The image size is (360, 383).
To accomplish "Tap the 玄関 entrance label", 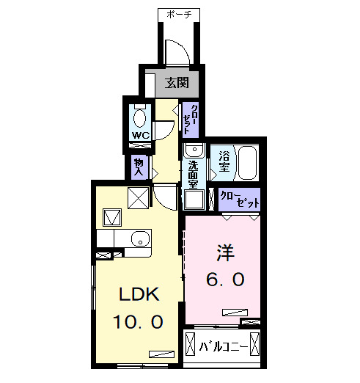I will [x=176, y=81].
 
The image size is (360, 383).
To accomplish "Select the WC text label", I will [x=141, y=136].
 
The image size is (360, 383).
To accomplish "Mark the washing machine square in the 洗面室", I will [x=194, y=199].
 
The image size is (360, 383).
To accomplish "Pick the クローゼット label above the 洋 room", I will [x=240, y=198].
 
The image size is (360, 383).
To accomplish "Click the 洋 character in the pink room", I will [x=224, y=252].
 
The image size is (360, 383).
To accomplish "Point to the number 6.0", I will [x=224, y=279].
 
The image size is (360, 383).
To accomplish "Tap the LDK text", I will [x=139, y=294].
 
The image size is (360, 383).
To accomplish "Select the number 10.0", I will [x=139, y=321].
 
